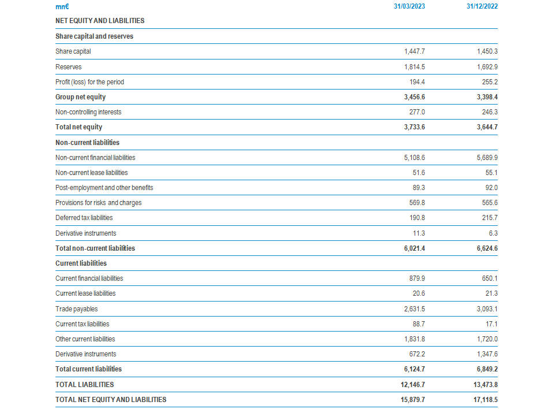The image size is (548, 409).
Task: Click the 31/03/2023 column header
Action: (409, 6)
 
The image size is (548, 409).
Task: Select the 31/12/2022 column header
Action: (482, 6)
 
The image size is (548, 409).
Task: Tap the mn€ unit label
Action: (62, 6)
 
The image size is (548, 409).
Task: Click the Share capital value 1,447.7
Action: (415, 51)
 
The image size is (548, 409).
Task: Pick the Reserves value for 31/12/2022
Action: (487, 67)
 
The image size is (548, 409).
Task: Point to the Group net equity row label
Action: (80, 97)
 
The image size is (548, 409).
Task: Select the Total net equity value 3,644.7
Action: (487, 127)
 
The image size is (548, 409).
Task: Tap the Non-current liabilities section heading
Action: (87, 143)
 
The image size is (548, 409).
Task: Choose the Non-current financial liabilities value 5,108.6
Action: (415, 158)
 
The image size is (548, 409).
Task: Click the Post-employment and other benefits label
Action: (104, 188)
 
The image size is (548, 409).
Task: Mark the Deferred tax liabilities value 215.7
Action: (490, 218)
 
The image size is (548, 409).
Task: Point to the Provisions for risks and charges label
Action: (99, 203)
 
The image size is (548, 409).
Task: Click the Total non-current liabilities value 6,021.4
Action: (415, 248)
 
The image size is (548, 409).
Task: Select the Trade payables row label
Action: (77, 309)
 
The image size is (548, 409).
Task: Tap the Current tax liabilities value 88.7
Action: (419, 324)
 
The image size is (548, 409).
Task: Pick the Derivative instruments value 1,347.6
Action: (487, 354)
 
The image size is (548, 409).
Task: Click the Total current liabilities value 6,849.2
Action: (487, 369)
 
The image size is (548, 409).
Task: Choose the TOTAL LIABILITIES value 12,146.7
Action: (413, 385)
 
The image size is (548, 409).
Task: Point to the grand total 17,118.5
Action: (486, 400)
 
